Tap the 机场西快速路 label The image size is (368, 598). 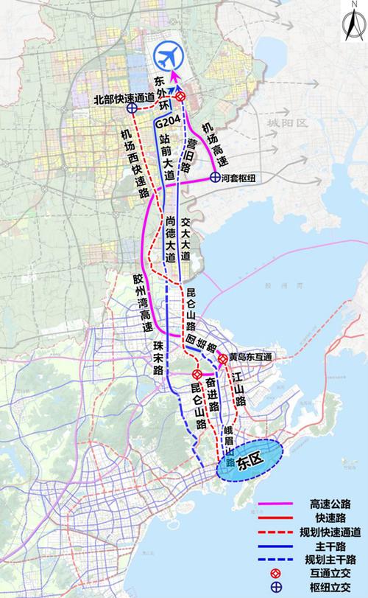133,161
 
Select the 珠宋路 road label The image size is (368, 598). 158,362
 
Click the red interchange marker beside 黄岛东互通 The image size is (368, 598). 222,359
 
